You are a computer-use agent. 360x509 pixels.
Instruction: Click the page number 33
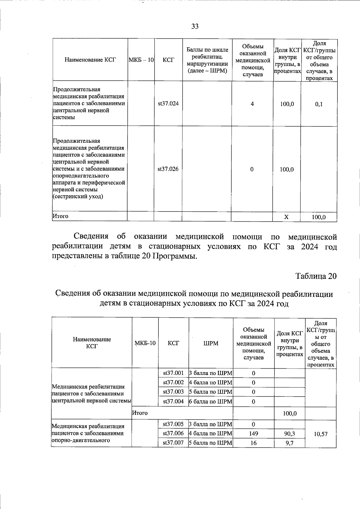(195, 26)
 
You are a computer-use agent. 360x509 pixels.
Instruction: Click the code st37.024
(168, 104)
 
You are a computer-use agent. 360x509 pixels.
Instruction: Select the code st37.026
(168, 169)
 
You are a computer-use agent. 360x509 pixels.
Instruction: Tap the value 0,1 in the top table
(319, 104)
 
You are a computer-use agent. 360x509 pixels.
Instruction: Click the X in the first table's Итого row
(286, 217)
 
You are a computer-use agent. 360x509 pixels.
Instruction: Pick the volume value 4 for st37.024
(252, 104)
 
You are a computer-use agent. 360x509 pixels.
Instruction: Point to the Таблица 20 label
(316, 276)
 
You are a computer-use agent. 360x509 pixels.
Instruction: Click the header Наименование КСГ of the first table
(90, 60)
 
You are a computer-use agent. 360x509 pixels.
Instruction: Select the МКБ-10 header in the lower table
(145, 343)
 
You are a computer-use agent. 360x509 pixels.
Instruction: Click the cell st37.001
(173, 373)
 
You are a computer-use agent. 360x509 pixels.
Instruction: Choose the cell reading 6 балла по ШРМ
(211, 401)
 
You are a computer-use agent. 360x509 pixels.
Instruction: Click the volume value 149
(253, 433)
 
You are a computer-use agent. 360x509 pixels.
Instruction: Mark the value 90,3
(289, 433)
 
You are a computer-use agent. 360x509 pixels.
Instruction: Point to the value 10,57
(320, 434)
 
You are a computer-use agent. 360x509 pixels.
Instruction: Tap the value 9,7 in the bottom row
(289, 443)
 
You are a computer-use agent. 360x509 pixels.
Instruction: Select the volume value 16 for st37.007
(253, 443)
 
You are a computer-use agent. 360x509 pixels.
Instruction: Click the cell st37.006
(173, 433)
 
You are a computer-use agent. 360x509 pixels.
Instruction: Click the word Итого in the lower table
(140, 413)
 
